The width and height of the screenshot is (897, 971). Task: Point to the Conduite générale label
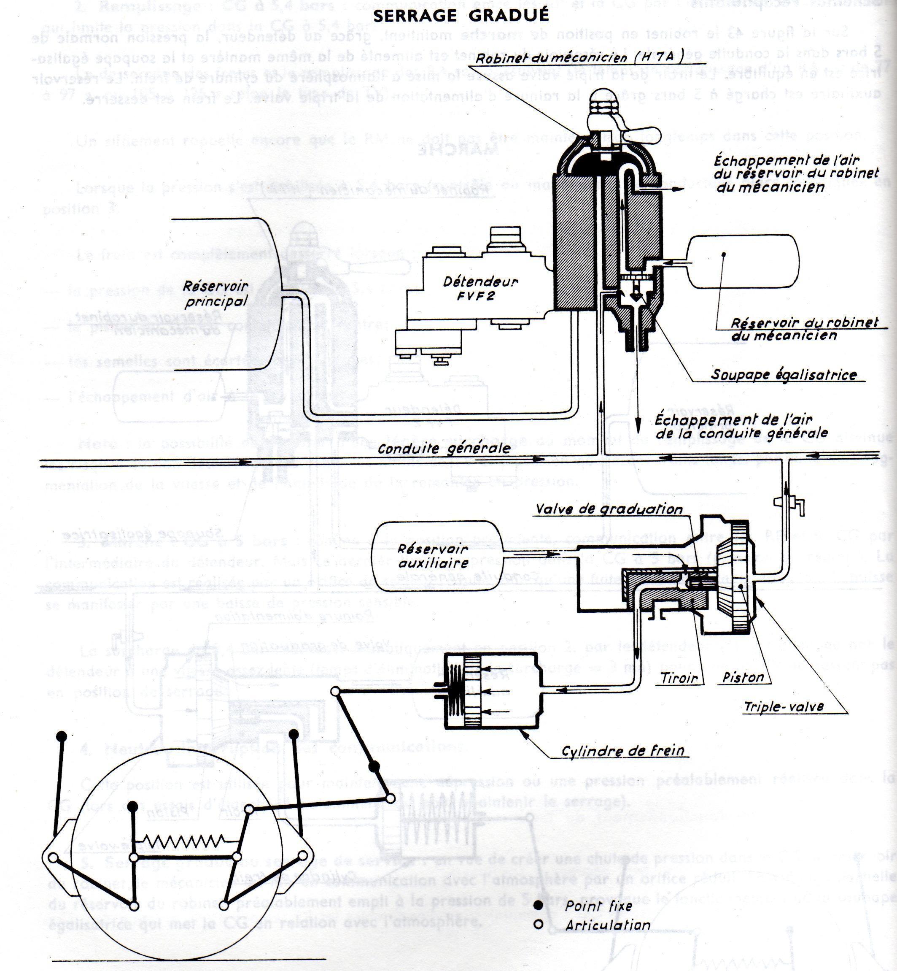point(444,448)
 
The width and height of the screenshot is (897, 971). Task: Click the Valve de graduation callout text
point(609,509)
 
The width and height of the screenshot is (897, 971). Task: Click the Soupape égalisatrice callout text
point(784,374)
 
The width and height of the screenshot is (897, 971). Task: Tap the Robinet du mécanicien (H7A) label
point(580,58)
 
